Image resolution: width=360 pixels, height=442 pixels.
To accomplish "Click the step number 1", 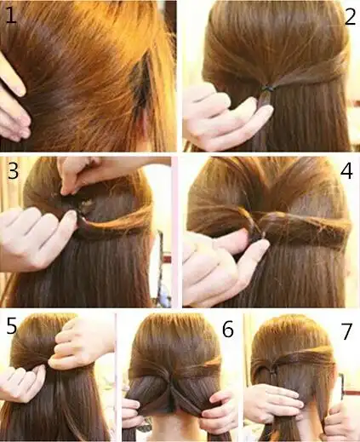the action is (x=11, y=15).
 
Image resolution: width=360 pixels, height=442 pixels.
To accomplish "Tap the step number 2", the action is (x=350, y=17).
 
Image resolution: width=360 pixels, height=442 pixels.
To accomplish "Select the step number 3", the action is (x=13, y=171).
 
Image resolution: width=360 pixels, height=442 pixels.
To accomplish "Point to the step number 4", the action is (x=346, y=171).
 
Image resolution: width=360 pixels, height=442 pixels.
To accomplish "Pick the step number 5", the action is (x=12, y=325).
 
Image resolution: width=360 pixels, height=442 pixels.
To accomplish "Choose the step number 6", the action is (x=228, y=329).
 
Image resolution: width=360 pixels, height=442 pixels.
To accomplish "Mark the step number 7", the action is (x=346, y=331).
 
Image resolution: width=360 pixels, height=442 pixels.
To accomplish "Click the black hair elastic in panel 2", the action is (x=267, y=89).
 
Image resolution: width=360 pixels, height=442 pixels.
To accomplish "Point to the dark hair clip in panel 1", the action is (x=140, y=81).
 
